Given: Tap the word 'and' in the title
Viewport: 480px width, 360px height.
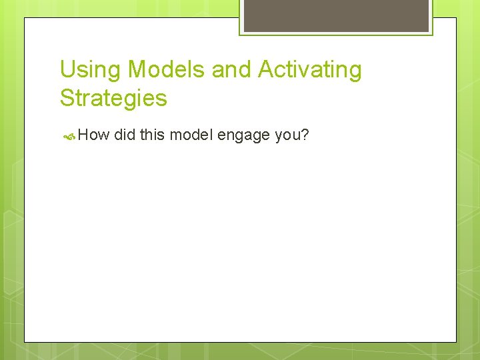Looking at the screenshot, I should pyautogui.click(x=234, y=69).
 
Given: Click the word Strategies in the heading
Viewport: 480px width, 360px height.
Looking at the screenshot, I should pyautogui.click(x=113, y=99).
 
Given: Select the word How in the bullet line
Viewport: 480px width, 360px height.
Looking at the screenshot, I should pyautogui.click(x=93, y=135).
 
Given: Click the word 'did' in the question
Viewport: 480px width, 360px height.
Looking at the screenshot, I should pyautogui.click(x=125, y=135).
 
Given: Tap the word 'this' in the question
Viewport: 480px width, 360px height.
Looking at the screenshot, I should pyautogui.click(x=153, y=135).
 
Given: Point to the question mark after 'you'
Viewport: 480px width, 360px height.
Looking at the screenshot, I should pyautogui.click(x=305, y=135).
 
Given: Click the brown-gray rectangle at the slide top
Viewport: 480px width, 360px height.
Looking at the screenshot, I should pyautogui.click(x=336, y=15).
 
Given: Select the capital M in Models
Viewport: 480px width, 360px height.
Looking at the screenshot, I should pyautogui.click(x=137, y=69).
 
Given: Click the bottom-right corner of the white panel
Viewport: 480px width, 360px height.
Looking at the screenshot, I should pyautogui.click(x=455, y=341).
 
